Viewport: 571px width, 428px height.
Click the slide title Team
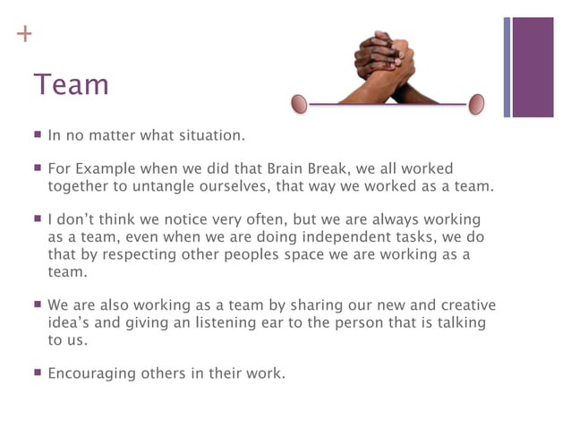(71, 85)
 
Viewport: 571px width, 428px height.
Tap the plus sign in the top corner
(23, 35)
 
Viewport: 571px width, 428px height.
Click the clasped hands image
(386, 67)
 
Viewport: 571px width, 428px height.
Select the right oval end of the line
(476, 104)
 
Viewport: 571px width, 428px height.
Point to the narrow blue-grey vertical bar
(507, 67)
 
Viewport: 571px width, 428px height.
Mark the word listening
(250, 323)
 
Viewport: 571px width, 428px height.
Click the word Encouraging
(90, 373)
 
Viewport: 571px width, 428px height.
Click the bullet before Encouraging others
(38, 372)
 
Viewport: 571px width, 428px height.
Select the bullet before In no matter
(38, 135)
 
